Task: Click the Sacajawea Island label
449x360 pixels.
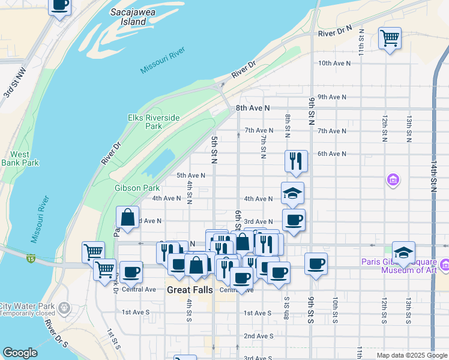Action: coord(129,16)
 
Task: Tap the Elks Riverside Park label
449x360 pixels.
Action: coord(154,122)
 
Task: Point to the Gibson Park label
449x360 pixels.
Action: coord(137,188)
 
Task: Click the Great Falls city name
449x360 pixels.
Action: coord(186,289)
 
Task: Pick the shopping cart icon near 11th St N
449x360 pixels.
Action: coord(390,39)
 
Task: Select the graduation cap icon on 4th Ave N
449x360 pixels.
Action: coord(292,193)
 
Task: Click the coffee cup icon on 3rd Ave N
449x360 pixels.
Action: coord(294,220)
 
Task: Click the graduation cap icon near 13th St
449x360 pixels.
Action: coord(403,252)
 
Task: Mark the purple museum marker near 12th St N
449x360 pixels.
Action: coord(393,179)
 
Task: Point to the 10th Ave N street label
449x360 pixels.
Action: coord(333,63)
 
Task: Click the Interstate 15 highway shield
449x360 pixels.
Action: coord(30,258)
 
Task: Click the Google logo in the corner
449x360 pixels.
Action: coord(20,353)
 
